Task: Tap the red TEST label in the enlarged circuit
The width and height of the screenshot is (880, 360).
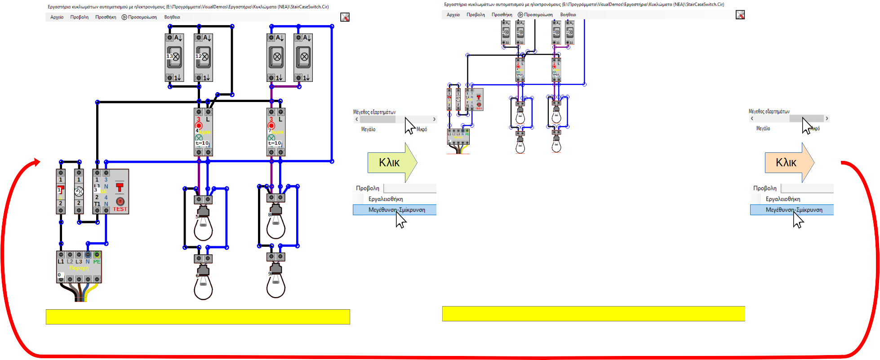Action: (x=120, y=209)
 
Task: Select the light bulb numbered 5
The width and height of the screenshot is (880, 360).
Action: (x=203, y=225)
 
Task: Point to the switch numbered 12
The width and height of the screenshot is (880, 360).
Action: (x=203, y=57)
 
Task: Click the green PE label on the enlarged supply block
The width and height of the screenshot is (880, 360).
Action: (x=97, y=262)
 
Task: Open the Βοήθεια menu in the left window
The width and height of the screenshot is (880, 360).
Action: (x=172, y=17)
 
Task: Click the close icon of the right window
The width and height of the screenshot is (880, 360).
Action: (x=740, y=15)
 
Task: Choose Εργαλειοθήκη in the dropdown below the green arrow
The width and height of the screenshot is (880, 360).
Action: (x=386, y=199)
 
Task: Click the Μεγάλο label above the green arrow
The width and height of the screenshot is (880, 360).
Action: (x=368, y=129)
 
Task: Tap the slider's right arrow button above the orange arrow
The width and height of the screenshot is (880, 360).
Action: (x=827, y=119)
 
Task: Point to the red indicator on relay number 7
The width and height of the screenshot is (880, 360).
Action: (x=271, y=125)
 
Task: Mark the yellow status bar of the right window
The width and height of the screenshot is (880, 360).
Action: (x=593, y=313)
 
